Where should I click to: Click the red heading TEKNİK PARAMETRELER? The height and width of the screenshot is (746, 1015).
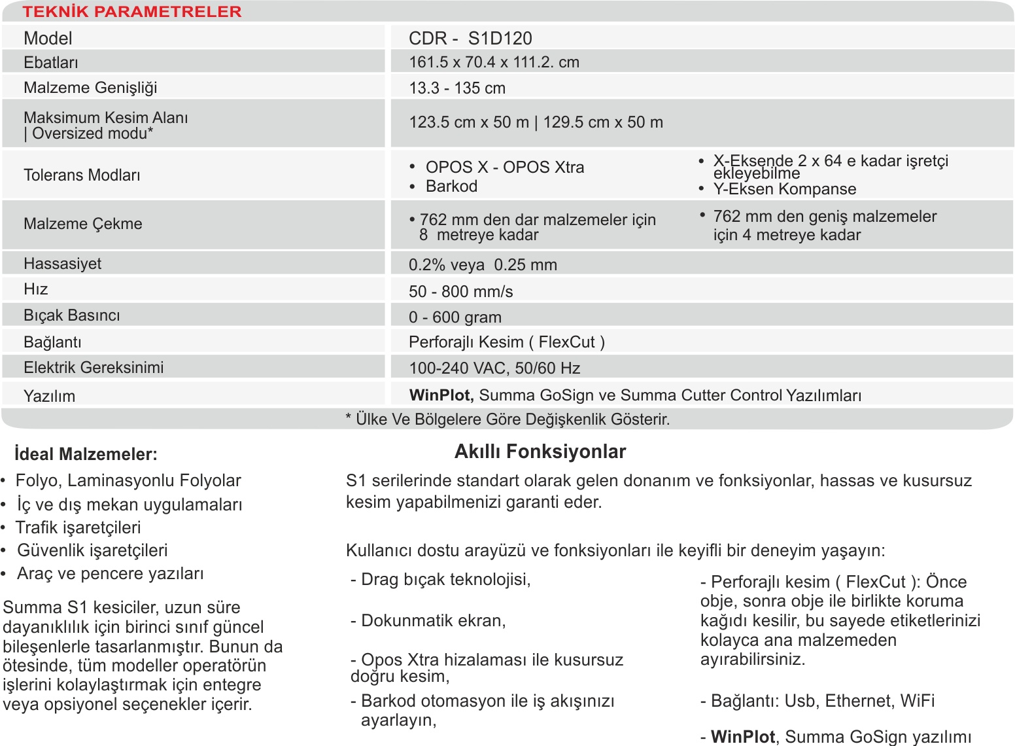[132, 12]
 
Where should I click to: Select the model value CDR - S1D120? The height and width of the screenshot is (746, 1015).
[470, 38]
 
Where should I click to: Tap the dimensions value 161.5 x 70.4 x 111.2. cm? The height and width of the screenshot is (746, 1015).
[494, 62]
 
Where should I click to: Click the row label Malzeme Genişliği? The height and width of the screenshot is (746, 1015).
[90, 88]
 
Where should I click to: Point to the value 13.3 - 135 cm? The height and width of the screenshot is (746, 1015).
[456, 88]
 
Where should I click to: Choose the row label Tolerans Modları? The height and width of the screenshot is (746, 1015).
[82, 175]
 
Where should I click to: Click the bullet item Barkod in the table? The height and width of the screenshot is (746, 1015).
[451, 186]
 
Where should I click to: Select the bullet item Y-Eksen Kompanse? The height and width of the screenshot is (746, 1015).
[784, 189]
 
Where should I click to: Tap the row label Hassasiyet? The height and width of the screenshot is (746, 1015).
[62, 264]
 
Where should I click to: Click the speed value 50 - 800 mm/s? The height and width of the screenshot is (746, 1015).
[460, 291]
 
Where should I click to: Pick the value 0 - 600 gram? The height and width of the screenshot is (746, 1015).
[455, 317]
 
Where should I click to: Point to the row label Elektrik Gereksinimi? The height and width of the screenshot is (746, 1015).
[94, 367]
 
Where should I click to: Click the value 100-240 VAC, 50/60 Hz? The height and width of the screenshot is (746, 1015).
[494, 368]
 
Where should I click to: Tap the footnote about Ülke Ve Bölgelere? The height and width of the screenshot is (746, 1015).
[507, 419]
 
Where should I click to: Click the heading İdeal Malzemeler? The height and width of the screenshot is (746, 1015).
[86, 454]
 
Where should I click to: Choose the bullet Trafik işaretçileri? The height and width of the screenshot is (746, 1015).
[78, 527]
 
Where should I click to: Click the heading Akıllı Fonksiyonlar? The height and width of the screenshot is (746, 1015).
[540, 452]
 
